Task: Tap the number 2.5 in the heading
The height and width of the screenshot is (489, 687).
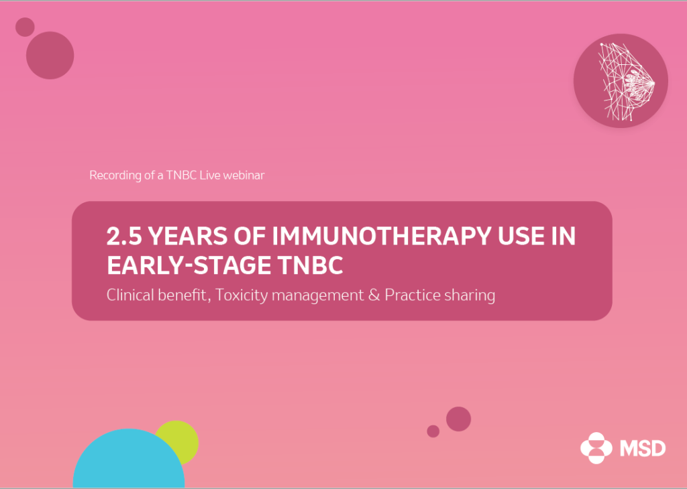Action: click(124, 236)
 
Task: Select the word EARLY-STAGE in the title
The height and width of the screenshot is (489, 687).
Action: click(188, 265)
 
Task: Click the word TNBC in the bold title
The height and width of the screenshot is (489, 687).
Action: click(310, 265)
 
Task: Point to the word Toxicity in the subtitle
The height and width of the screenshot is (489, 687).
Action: click(242, 295)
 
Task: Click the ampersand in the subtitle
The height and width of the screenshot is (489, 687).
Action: click(374, 295)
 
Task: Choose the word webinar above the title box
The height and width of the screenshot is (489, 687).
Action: click(244, 175)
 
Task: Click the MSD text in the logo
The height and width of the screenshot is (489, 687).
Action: click(643, 448)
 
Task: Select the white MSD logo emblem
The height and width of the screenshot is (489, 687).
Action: click(596, 448)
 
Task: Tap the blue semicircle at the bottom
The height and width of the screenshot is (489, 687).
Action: click(129, 460)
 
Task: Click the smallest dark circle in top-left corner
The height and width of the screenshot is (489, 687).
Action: click(25, 27)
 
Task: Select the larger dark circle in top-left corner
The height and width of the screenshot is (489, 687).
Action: click(50, 55)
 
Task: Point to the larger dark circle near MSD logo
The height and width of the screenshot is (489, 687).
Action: click(458, 419)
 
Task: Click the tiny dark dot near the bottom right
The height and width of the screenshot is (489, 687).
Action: click(433, 431)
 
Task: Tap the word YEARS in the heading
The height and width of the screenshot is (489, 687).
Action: click(188, 236)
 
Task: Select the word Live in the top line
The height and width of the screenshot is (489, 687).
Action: click(210, 175)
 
